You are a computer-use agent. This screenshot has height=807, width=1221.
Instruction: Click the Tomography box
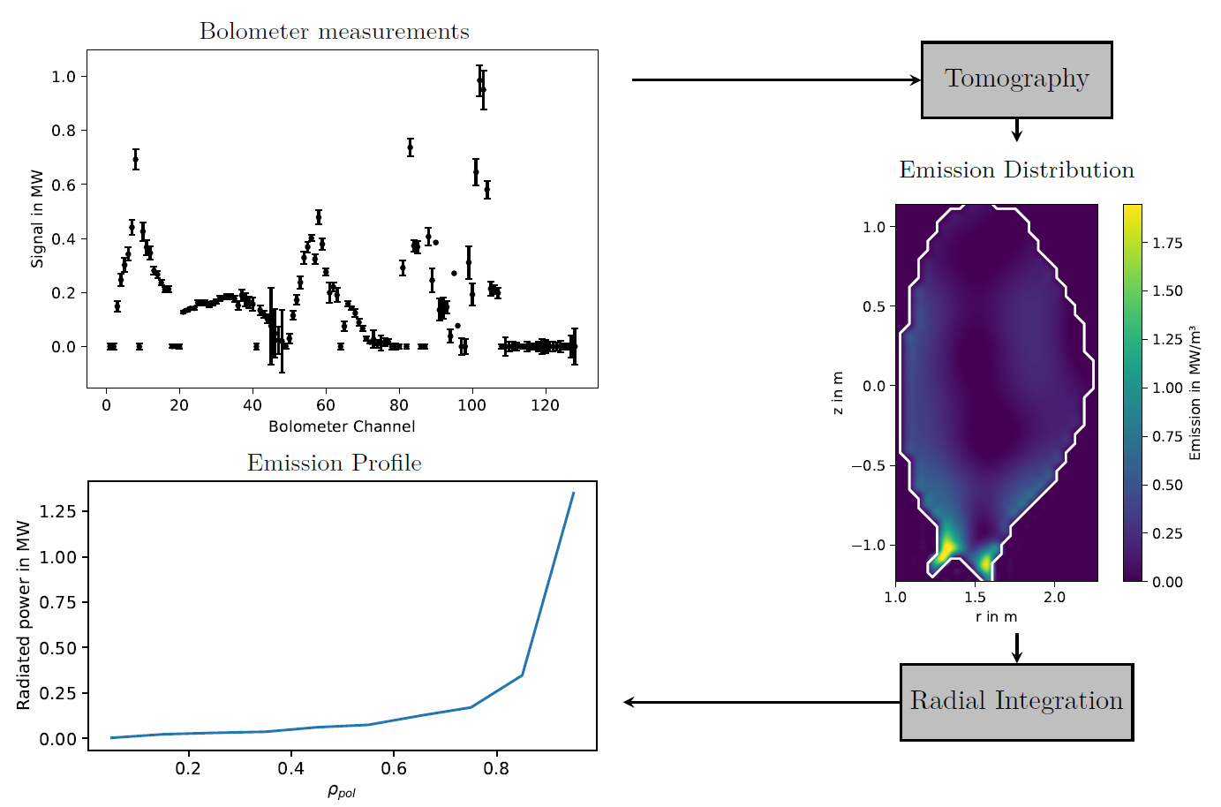[x=1016, y=79]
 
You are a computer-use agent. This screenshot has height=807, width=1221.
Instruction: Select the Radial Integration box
[x=1016, y=702]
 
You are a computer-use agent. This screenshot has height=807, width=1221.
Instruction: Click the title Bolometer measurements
[x=334, y=32]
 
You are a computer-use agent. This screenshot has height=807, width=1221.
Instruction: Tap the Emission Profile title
[x=334, y=464]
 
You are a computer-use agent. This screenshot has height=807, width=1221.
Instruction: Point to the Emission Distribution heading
[x=1016, y=170]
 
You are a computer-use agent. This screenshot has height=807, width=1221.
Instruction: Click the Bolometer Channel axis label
[x=342, y=426]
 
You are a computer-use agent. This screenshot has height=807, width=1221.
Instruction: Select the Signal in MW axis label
[x=37, y=218]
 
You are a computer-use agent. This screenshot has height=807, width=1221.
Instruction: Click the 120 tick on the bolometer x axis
[x=545, y=405]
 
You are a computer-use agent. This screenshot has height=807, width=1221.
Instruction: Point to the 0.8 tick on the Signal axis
[x=64, y=131]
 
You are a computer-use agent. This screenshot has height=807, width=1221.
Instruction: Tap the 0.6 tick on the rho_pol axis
[x=394, y=769]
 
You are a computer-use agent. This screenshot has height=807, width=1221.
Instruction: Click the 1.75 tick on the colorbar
[x=1167, y=243]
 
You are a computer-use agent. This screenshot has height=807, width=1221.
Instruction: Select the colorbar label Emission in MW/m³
[x=1195, y=393]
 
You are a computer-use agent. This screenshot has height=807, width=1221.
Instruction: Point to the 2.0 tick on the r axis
[x=1054, y=598]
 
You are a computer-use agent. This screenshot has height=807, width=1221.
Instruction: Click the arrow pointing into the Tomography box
[x=777, y=79]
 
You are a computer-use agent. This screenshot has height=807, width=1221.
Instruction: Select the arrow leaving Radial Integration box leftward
[x=759, y=702]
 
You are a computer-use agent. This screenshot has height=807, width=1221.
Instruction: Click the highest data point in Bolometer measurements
[x=479, y=79]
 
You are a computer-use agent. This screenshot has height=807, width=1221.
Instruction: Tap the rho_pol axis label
[x=342, y=792]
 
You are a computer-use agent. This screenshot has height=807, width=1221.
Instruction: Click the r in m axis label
[x=996, y=617]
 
